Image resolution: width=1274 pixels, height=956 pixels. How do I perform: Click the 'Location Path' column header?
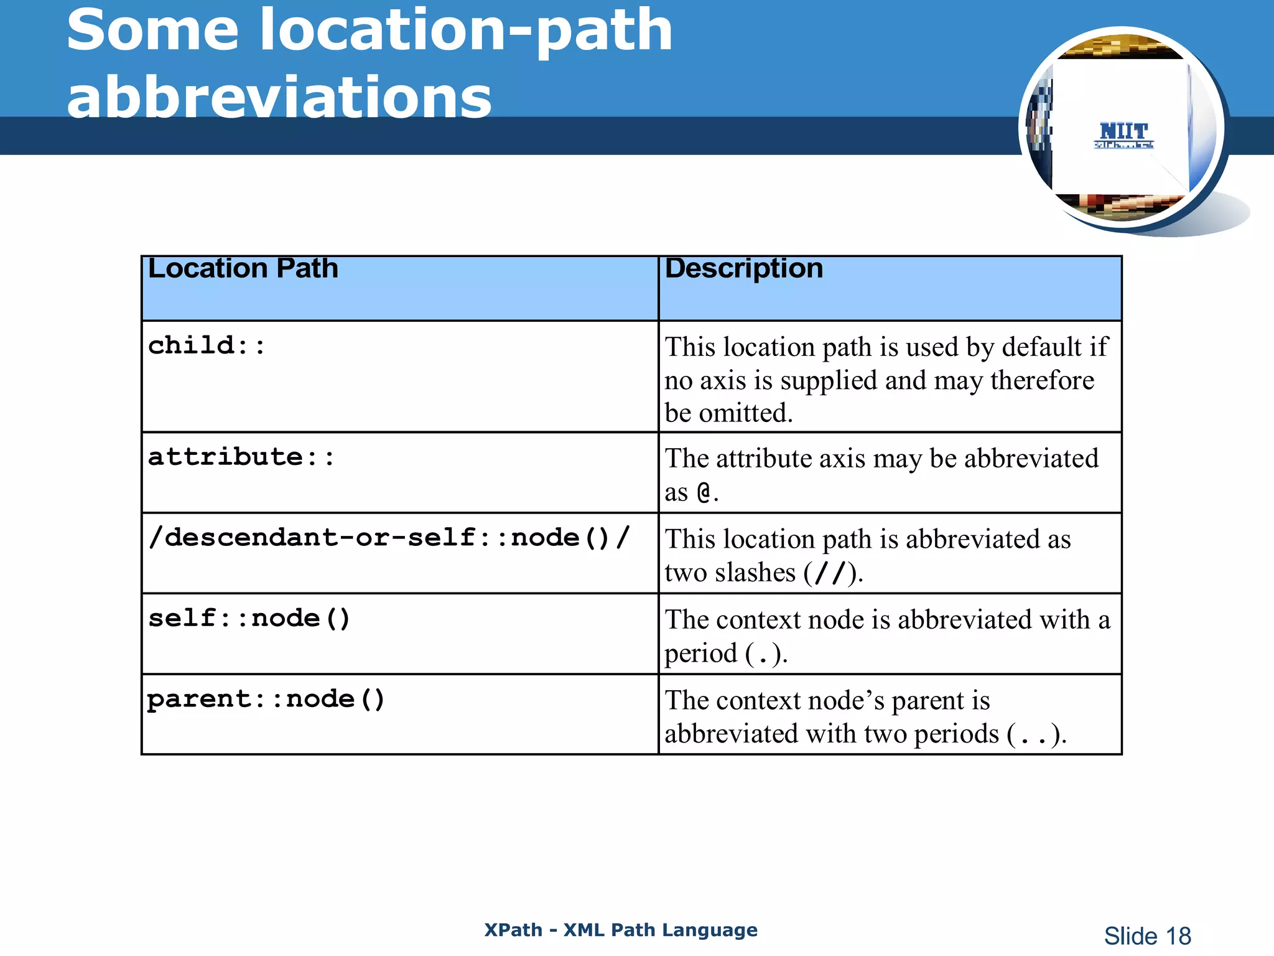coord(243,269)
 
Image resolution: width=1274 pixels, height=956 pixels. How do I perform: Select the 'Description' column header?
coord(743,269)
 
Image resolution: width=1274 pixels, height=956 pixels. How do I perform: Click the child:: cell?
coord(207,345)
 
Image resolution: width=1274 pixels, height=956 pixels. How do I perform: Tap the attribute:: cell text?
coord(241,457)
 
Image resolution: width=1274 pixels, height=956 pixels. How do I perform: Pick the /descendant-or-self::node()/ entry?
coord(389,538)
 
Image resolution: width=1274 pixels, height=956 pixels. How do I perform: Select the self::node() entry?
coord(249,619)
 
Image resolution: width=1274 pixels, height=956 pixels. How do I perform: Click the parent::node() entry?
coord(266,700)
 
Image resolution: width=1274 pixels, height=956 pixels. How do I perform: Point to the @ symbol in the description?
coord(704,493)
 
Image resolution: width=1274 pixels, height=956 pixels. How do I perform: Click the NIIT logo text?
coord(1123,132)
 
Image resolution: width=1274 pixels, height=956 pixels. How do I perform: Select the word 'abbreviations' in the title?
coord(279,98)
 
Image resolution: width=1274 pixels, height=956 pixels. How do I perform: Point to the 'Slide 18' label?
coord(1147,936)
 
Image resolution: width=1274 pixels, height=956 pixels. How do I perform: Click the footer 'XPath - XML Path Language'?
coord(621,930)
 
